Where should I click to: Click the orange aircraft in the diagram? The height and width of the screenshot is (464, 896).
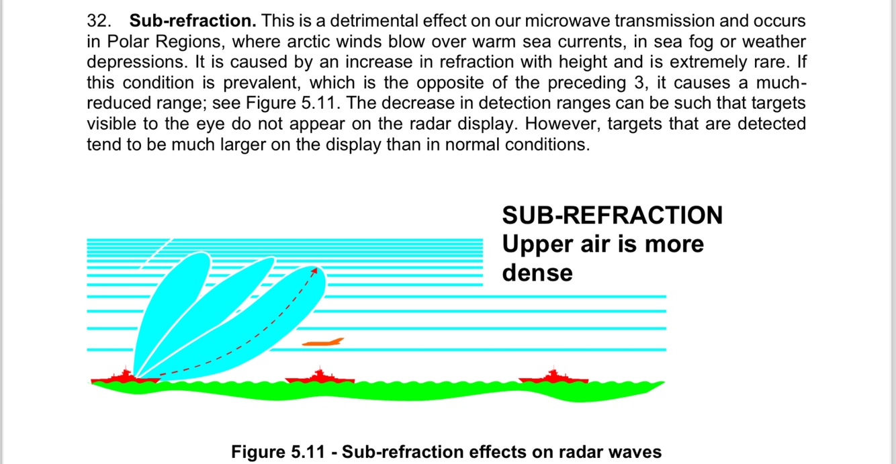tap(323, 342)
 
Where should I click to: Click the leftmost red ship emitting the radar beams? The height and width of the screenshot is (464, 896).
tap(126, 377)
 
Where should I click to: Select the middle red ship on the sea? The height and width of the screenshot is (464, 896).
tap(320, 377)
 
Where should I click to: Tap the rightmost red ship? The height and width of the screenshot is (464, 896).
tap(554, 377)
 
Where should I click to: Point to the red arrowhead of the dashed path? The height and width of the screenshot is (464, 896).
tap(314, 271)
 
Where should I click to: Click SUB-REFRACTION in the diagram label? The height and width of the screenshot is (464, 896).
tap(612, 216)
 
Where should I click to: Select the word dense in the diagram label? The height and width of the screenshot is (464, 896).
tap(537, 272)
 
